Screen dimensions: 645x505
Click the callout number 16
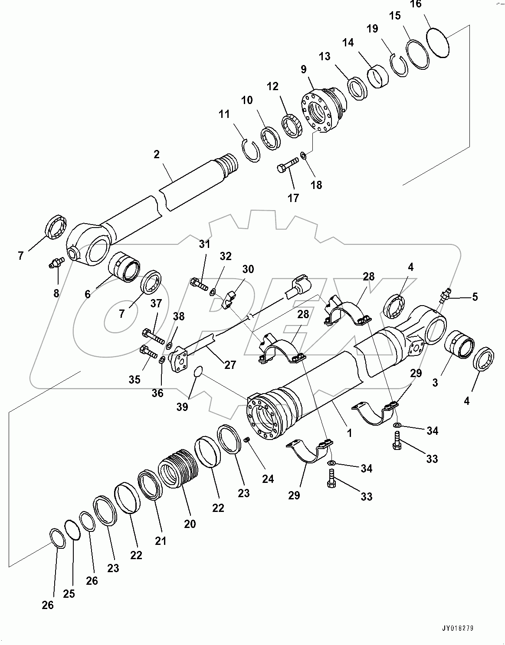(x=415, y=4)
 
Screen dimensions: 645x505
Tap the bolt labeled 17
(x=288, y=165)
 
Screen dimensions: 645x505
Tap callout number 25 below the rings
(x=69, y=593)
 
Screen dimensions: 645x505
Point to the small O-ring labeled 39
(x=198, y=371)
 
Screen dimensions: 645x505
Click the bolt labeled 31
(x=199, y=284)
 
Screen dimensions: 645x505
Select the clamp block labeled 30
(x=229, y=300)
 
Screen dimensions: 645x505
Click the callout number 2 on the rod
(x=157, y=154)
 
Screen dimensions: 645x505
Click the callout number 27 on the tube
(x=230, y=365)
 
